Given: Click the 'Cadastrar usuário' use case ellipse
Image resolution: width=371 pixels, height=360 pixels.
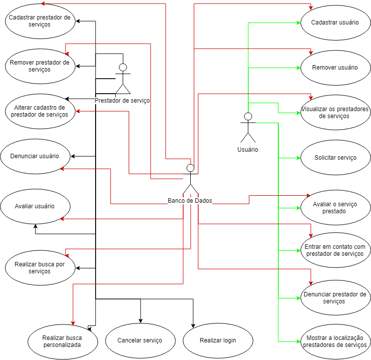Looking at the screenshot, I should pyautogui.click(x=335, y=23).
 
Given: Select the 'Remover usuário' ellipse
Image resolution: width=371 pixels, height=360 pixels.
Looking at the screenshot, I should pyautogui.click(x=335, y=68).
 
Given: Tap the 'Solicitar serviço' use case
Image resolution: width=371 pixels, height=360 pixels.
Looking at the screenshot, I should pyautogui.click(x=335, y=158).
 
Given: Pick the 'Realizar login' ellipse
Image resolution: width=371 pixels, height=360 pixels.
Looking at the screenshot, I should pyautogui.click(x=218, y=340).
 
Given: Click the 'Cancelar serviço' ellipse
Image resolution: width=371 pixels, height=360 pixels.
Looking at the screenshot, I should pyautogui.click(x=140, y=340).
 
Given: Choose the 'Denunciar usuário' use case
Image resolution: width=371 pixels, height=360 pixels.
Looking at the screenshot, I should pyautogui.click(x=35, y=156).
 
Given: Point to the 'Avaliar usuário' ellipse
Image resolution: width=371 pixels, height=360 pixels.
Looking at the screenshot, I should pyautogui.click(x=35, y=206).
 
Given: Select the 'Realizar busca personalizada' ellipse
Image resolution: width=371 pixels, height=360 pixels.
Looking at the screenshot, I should pyautogui.click(x=63, y=341).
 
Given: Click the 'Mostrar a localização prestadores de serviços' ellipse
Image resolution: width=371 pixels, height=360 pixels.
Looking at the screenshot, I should pyautogui.click(x=335, y=341).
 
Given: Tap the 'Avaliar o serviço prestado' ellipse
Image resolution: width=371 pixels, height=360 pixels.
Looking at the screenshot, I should pyautogui.click(x=335, y=207).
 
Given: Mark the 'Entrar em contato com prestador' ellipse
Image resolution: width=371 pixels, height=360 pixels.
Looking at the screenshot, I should pyautogui.click(x=335, y=250).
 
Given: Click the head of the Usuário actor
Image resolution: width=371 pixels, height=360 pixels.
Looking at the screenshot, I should pyautogui.click(x=247, y=117).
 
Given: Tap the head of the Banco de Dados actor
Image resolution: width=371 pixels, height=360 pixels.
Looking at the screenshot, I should pyautogui.click(x=190, y=168).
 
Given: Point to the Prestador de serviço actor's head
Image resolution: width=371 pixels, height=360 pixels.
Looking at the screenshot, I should pyautogui.click(x=123, y=67).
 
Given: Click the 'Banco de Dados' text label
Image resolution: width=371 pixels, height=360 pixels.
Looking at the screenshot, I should pyautogui.click(x=190, y=201).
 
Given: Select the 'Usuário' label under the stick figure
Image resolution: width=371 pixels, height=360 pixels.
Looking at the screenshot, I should pyautogui.click(x=247, y=149).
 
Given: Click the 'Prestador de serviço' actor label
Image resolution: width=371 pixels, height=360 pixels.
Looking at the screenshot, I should pyautogui.click(x=122, y=101).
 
